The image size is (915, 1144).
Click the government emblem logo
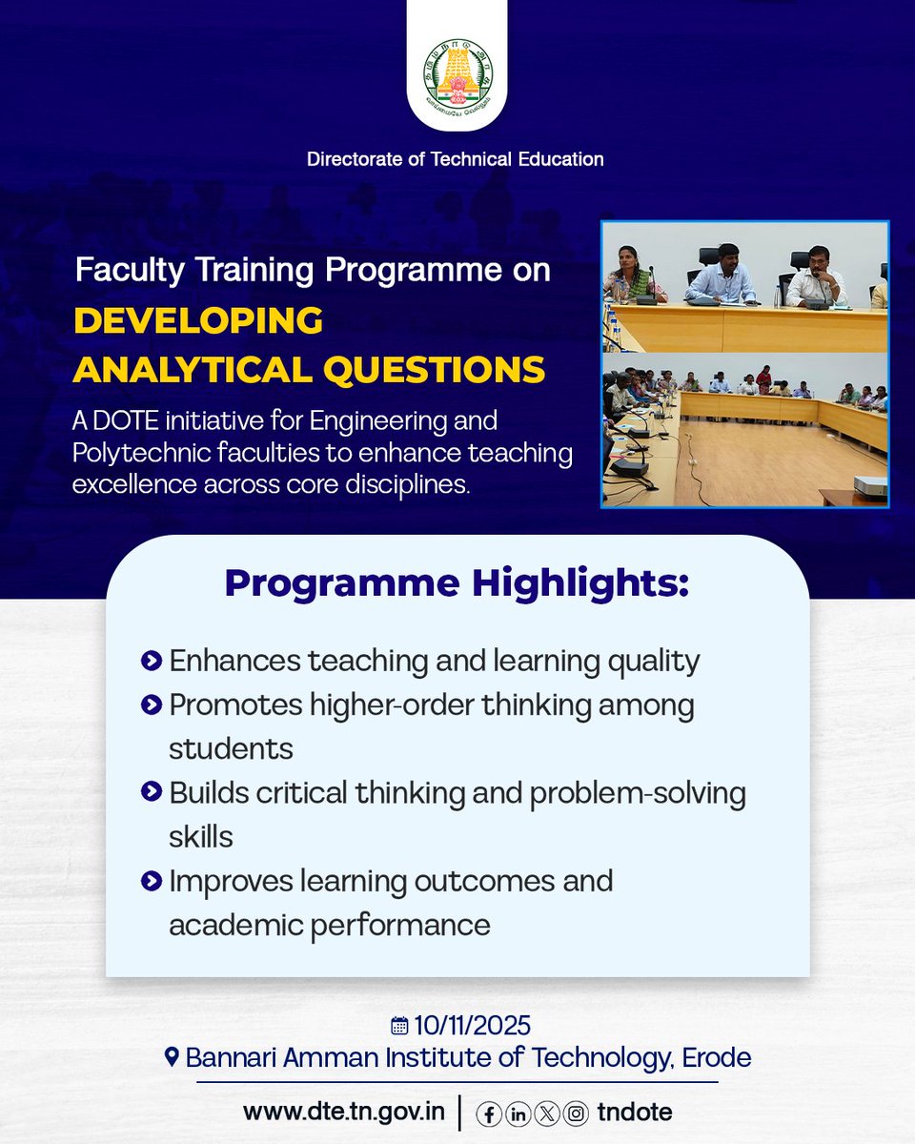(457, 75)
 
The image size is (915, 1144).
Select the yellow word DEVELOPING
(198, 321)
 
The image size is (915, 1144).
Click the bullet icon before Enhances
(150, 660)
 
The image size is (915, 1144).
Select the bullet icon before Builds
(150, 791)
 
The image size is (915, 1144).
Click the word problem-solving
(638, 793)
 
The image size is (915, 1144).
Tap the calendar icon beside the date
(399, 1026)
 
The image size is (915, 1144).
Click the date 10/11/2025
(472, 1026)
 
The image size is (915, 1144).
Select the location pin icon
(172, 1057)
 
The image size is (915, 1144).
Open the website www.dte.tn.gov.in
(344, 1112)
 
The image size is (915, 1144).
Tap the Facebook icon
(489, 1113)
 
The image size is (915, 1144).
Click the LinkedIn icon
(518, 1113)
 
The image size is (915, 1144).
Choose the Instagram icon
(576, 1113)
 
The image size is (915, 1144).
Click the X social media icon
(547, 1113)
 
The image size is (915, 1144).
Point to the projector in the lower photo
(869, 486)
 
